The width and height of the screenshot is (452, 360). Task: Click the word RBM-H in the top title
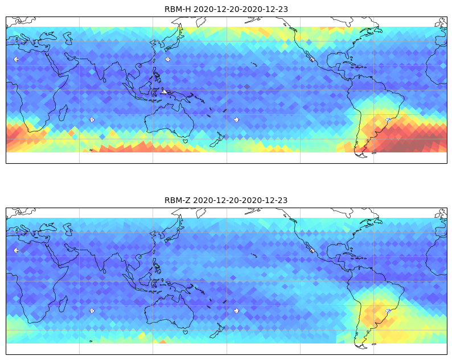178,9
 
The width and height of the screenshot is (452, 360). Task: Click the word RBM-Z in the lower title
177,200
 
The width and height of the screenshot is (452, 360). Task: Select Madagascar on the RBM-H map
63,113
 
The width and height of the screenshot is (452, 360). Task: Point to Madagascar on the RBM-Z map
63,304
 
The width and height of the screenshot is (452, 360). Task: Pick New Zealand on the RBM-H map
217,140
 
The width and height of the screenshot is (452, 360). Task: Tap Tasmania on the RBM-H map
186,141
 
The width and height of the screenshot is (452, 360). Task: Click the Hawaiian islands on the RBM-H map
254,64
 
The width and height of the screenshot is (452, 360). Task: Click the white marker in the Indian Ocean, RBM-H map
92,119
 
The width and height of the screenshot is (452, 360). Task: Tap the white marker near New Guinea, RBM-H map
164,92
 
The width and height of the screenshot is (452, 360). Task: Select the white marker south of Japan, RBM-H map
167,59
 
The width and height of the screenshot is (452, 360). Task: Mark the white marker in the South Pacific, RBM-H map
236,119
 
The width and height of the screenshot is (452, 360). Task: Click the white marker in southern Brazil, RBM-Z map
388,311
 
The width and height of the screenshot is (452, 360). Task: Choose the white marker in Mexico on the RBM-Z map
312,250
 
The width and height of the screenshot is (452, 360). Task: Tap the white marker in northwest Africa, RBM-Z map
17,250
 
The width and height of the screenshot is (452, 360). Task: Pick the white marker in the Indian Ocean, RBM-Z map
92,311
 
